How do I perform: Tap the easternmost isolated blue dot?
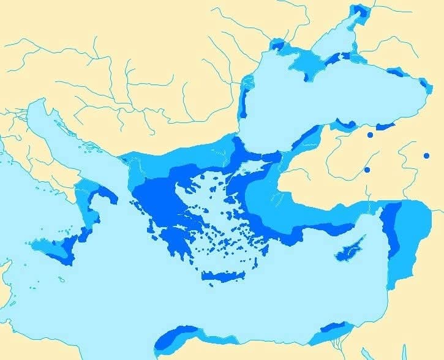tap(426, 156)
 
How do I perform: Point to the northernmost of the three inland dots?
tap(370, 135)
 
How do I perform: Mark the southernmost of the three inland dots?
tap(367, 170)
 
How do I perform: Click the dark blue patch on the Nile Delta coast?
tap(334, 333)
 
